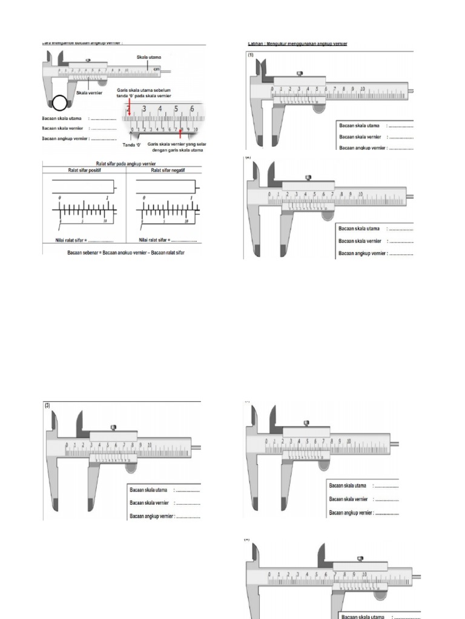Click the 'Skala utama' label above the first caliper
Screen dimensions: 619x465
[149, 57]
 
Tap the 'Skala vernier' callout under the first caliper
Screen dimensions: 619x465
[89, 93]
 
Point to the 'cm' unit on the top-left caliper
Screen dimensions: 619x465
[156, 69]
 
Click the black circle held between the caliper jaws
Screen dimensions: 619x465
[60, 104]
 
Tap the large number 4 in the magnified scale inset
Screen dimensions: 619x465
[160, 109]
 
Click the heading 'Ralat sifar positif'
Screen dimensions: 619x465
[84, 170]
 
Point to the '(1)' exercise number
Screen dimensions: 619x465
[249, 54]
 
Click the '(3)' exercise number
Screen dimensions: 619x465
[48, 406]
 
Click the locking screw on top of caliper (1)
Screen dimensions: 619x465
[299, 74]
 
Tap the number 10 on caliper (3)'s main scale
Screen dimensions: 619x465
[149, 445]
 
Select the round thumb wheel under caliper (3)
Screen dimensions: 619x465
[130, 465]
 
